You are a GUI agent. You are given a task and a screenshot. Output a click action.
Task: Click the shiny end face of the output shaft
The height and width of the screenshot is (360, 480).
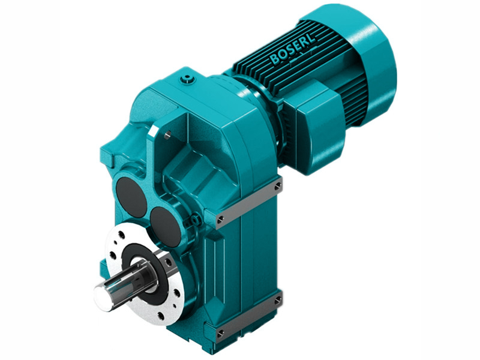click(104, 297)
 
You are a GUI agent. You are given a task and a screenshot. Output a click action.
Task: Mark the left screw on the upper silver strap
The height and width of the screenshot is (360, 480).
click(221, 218)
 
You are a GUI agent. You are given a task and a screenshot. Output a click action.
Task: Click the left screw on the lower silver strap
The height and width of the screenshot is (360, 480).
click(220, 332)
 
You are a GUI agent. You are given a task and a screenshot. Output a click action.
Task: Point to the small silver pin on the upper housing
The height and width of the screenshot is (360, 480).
click(169, 134)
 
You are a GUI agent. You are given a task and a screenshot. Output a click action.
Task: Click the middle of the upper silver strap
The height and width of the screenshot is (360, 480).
click(248, 203)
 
